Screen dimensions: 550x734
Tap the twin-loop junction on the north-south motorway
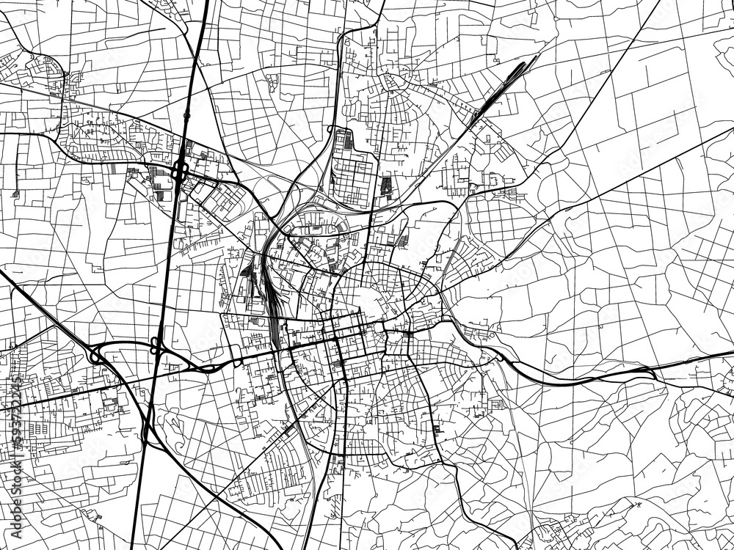156,345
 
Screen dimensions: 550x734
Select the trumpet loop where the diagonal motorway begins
95,355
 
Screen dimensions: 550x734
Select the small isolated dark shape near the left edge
15,193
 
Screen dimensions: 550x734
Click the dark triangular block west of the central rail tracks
244,271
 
